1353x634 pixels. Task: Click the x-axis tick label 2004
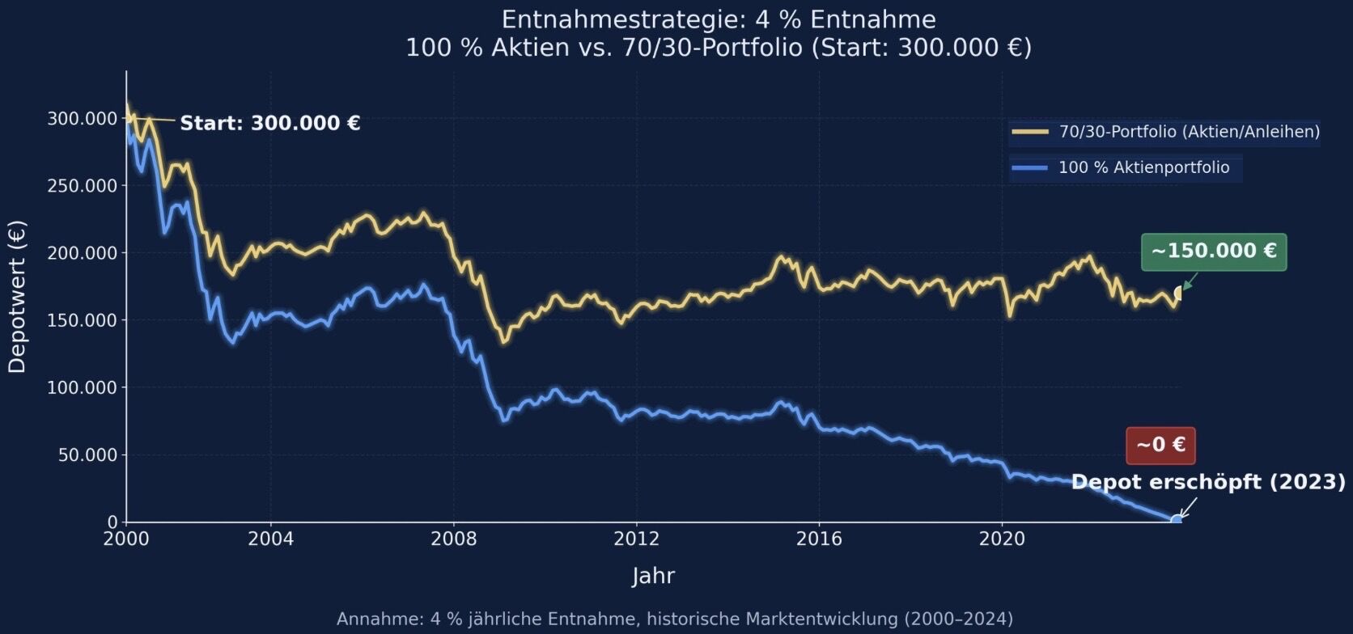pyautogui.click(x=270, y=539)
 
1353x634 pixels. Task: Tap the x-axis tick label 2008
pyautogui.click(x=454, y=539)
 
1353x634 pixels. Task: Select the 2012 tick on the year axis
pyautogui.click(x=636, y=539)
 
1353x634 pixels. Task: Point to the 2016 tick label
pyautogui.click(x=818, y=539)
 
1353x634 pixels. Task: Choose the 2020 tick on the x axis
pyautogui.click(x=1002, y=539)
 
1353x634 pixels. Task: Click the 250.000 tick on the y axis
pyautogui.click(x=83, y=185)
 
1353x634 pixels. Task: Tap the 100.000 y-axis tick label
pyautogui.click(x=83, y=387)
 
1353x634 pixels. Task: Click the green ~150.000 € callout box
pyautogui.click(x=1214, y=251)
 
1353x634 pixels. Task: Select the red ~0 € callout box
pyautogui.click(x=1160, y=446)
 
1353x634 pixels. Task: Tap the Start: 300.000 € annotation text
pyautogui.click(x=270, y=123)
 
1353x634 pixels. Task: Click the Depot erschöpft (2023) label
pyautogui.click(x=1209, y=482)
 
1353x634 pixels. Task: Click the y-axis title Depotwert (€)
pyautogui.click(x=17, y=297)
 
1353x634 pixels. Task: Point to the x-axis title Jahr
pyautogui.click(x=653, y=576)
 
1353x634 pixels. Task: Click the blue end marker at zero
pyautogui.click(x=1176, y=520)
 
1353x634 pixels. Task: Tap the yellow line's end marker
pyautogui.click(x=1178, y=293)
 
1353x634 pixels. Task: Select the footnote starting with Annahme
pyautogui.click(x=675, y=619)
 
